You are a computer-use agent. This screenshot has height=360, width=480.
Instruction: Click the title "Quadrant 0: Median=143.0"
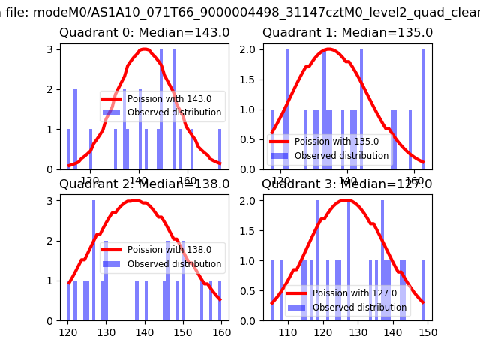point(145,33)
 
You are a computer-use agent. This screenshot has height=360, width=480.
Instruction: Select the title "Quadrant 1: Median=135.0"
point(347,33)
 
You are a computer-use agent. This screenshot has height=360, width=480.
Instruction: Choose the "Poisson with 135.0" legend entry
point(335,142)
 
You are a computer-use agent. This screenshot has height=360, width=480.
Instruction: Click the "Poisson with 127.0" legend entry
point(355,292)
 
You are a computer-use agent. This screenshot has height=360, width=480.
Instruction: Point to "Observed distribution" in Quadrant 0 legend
point(174,112)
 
